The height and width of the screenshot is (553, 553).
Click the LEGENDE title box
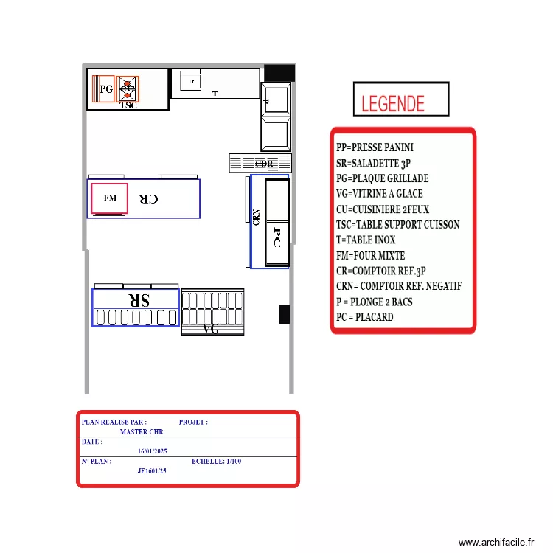coord(400,100)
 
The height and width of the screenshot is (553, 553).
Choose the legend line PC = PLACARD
coord(364,317)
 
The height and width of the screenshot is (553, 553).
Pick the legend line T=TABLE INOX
coord(366,240)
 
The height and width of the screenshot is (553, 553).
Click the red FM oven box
coord(109,198)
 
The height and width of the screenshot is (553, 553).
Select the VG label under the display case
coord(211,330)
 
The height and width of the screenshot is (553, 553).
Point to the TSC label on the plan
coord(128,105)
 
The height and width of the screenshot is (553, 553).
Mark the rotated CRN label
coord(256,218)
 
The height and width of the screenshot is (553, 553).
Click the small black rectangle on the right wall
coord(284,314)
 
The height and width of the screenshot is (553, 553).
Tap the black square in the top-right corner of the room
coord(279,73)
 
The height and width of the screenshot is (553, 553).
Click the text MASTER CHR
coord(142,432)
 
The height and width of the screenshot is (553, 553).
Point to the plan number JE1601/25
coord(152,470)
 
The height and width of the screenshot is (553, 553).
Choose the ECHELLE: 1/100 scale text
coord(216,462)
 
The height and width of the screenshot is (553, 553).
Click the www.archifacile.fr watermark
coord(496,543)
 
